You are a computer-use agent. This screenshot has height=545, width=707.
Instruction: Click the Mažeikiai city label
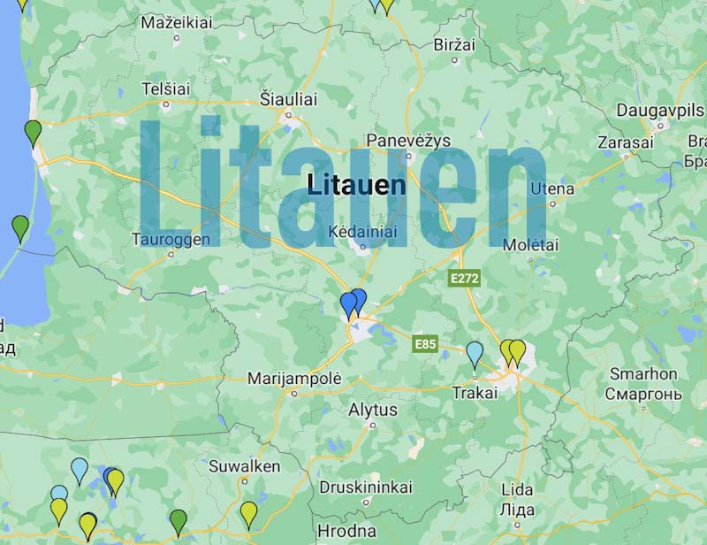point(177,22)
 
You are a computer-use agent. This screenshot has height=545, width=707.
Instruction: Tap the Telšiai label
point(165,89)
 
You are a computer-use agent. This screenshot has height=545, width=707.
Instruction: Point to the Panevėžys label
point(408,141)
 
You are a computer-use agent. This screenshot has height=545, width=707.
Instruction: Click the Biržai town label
point(454,44)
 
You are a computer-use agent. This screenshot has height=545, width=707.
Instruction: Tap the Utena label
point(552,188)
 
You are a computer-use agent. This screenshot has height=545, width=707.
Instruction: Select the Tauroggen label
point(171,239)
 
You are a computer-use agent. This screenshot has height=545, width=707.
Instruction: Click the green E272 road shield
point(463,278)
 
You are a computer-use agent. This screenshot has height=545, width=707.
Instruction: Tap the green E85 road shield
point(428,343)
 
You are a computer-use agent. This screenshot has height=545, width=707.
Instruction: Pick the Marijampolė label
point(293,378)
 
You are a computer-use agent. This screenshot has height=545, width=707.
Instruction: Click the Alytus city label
point(373,410)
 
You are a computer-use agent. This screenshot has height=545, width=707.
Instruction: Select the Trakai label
point(475,393)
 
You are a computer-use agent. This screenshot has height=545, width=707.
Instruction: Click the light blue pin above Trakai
point(475,354)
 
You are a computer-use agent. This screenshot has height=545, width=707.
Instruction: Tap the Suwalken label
point(245,465)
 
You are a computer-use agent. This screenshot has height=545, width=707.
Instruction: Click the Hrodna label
point(346,532)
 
